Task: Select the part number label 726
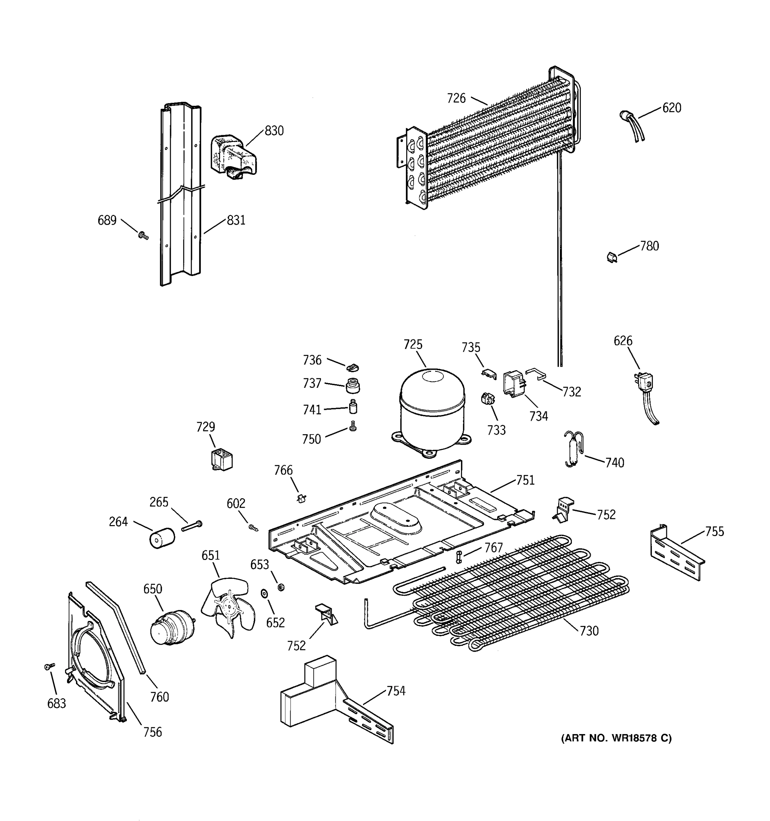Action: click(456, 98)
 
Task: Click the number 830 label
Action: click(274, 131)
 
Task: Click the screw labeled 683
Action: click(49, 666)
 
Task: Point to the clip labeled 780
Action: click(612, 257)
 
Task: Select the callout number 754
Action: click(396, 691)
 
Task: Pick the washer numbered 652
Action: click(264, 594)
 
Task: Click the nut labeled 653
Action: click(281, 586)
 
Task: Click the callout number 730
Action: click(589, 630)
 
